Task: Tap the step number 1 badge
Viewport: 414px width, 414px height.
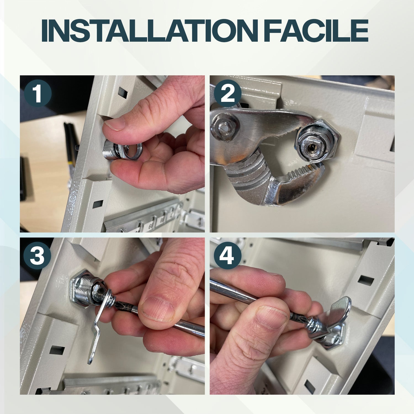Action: [38, 93]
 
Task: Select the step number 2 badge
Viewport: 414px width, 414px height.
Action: [228, 93]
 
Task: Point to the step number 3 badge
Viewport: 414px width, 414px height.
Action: [37, 256]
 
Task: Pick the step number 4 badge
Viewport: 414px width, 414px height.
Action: [228, 256]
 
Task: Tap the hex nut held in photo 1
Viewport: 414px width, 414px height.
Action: [130, 151]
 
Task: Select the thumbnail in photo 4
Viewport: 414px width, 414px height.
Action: [272, 317]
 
